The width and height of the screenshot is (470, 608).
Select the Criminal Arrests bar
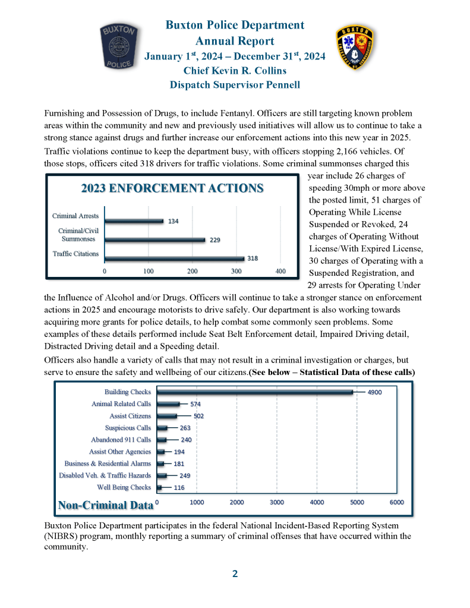(134, 220)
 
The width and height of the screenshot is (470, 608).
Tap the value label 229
(215, 240)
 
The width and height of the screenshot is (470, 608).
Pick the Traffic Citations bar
(175, 258)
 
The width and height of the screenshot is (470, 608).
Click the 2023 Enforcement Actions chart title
(172, 188)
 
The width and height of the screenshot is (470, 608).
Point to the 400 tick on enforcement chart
(280, 271)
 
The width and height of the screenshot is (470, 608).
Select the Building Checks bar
(255, 392)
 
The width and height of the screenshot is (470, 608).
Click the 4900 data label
(376, 392)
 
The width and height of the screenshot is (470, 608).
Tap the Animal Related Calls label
(121, 404)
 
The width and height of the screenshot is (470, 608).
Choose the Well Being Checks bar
(159, 487)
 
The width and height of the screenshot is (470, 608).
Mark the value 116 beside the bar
(178, 487)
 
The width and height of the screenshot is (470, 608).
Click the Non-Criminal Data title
(105, 505)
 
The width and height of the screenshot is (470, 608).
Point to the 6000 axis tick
(396, 502)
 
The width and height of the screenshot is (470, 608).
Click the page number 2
(235, 574)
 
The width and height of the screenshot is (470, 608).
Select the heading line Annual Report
(235, 41)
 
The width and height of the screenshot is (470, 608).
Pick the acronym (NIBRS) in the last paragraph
(63, 536)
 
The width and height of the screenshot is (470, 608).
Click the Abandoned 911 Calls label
(121, 440)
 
